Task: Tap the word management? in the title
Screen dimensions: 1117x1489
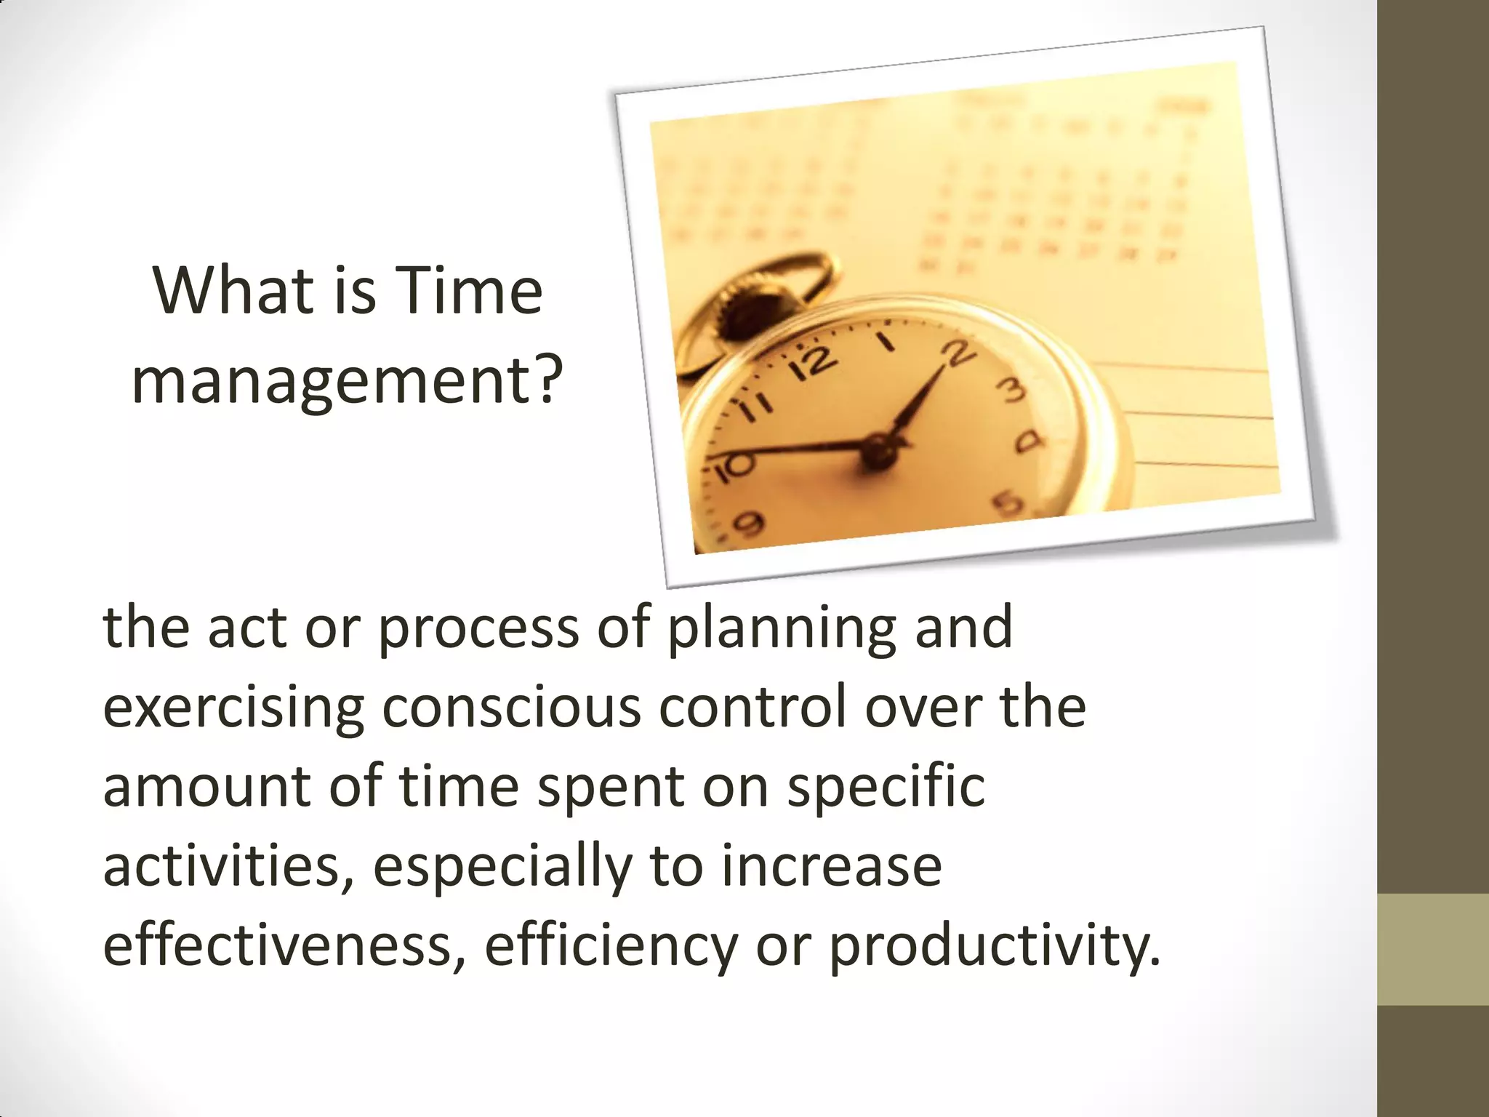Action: coord(347,380)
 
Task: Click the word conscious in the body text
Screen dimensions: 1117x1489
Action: coord(512,708)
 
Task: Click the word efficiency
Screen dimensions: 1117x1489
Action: coord(611,948)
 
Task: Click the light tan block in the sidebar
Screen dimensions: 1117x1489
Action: coord(1433,949)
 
